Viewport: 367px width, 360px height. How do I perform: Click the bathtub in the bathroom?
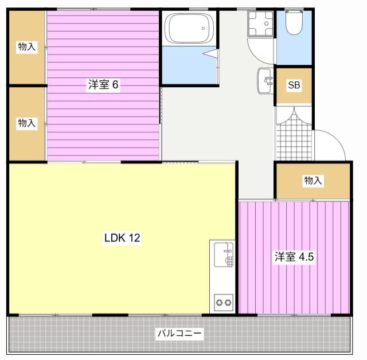click(x=190, y=28)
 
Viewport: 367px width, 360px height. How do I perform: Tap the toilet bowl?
click(x=294, y=23)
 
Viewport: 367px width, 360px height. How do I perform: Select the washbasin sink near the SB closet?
click(x=266, y=81)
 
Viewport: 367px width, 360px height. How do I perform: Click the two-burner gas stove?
click(x=224, y=303)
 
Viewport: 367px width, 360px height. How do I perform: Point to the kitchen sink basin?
click(x=224, y=255)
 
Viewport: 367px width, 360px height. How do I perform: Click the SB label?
click(x=294, y=85)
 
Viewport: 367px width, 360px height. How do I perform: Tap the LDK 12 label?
click(x=122, y=238)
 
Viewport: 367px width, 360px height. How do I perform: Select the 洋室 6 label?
click(x=103, y=84)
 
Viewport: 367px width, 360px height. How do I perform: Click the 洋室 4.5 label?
click(x=294, y=257)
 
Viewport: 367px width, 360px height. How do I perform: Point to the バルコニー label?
click(x=179, y=333)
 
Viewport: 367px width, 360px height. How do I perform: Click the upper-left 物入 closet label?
click(x=27, y=46)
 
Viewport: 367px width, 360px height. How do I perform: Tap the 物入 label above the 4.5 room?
click(x=313, y=181)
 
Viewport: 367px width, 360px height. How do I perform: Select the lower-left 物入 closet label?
click(x=27, y=123)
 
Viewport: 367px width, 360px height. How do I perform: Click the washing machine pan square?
click(x=261, y=24)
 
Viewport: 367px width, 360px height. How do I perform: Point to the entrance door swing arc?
click(x=337, y=139)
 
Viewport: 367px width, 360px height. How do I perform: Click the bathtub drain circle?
click(x=203, y=28)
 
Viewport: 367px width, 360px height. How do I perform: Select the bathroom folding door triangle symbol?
click(x=210, y=53)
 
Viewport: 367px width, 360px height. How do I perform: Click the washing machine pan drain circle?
click(x=266, y=24)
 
